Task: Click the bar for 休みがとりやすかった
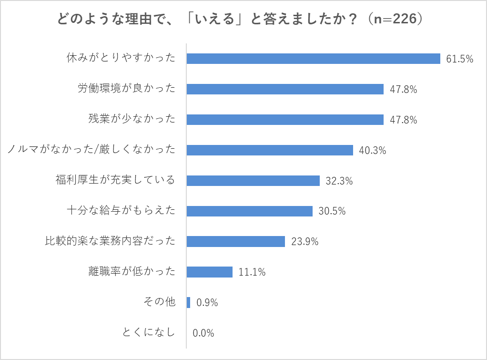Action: pyautogui.click(x=313, y=59)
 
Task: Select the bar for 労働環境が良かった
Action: pyautogui.click(x=285, y=89)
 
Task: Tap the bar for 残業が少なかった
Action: pyautogui.click(x=285, y=120)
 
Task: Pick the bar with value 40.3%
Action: pyautogui.click(x=270, y=150)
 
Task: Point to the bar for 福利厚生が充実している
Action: pyautogui.click(x=253, y=181)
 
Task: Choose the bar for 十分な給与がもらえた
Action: pyautogui.click(x=249, y=211)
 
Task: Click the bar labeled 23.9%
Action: pyautogui.click(x=236, y=242)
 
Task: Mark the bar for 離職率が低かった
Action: pyautogui.click(x=210, y=272)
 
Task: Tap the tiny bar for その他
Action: pyautogui.click(x=189, y=303)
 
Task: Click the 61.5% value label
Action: pyautogui.click(x=459, y=59)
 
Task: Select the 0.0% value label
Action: pyautogui.click(x=203, y=333)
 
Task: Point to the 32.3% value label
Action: pyautogui.click(x=339, y=181)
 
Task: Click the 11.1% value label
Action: pyautogui.click(x=252, y=273)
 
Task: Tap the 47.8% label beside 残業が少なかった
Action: pyautogui.click(x=403, y=120)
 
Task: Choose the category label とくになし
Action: pyautogui.click(x=149, y=333)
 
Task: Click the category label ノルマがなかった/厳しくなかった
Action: pyautogui.click(x=91, y=150)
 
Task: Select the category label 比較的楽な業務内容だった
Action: pyautogui.click(x=107, y=241)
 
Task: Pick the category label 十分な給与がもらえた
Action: pyautogui.click(x=121, y=211)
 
